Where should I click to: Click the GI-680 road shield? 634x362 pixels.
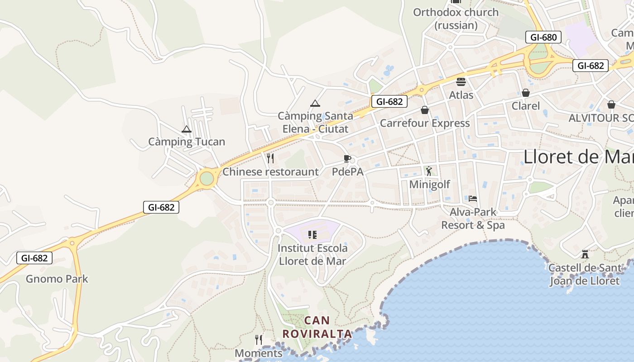[543, 37]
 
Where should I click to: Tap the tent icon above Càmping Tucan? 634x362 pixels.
[186, 129]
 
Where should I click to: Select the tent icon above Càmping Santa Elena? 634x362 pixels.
[315, 103]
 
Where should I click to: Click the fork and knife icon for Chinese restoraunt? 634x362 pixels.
[270, 158]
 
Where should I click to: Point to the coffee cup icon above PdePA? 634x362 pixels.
[347, 158]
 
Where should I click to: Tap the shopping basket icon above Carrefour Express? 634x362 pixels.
[425, 110]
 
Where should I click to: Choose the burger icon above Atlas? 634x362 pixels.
[461, 82]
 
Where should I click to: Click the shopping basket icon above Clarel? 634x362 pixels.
[525, 93]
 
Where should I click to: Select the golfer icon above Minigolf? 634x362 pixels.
[429, 171]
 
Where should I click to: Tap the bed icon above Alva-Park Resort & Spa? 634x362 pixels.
[473, 198]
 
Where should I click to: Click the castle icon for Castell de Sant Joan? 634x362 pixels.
[585, 254]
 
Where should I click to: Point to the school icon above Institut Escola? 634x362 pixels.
[312, 234]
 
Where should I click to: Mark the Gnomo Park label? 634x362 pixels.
[57, 279]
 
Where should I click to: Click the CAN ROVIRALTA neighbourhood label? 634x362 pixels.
[317, 327]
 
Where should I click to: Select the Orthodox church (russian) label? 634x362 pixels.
[456, 19]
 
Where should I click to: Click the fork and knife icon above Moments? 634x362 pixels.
[259, 339]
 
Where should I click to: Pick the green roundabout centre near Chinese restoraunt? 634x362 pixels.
[207, 178]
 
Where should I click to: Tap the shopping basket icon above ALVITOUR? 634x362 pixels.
[611, 105]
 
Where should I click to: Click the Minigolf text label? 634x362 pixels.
[429, 184]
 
